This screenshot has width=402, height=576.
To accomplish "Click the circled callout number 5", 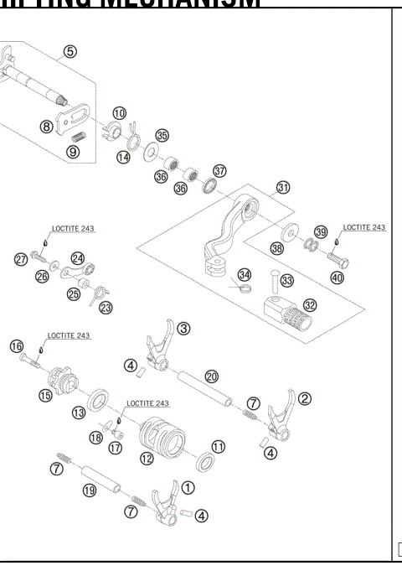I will [x=70, y=51].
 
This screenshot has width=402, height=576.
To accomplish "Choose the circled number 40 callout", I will [x=337, y=278].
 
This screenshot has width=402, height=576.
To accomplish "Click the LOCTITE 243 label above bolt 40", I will [x=364, y=227].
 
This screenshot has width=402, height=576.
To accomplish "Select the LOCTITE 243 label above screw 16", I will [x=69, y=335].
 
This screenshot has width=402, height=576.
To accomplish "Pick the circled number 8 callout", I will [x=47, y=127].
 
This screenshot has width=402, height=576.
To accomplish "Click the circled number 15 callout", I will [x=45, y=394].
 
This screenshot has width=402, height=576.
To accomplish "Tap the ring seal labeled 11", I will [x=202, y=461].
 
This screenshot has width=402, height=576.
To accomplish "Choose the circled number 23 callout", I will [x=106, y=308].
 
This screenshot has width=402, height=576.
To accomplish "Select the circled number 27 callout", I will [x=20, y=260].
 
